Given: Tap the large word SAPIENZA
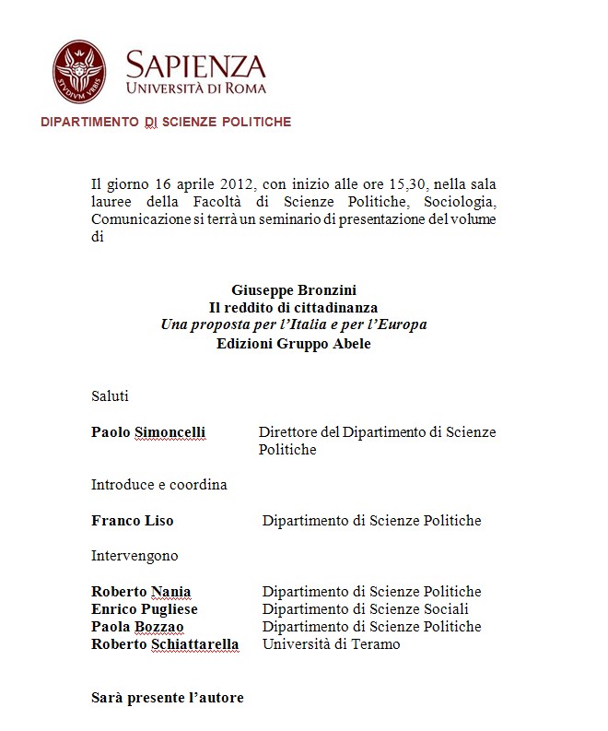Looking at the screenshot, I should [195, 65].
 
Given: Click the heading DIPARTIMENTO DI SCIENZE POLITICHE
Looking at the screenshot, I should [166, 122].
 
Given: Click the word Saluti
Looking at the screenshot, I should [110, 396].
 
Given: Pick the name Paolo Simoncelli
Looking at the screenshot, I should [148, 432].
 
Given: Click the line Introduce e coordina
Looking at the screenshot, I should [158, 484].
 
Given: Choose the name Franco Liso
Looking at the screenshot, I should [132, 521].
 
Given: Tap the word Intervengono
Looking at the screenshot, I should [134, 556].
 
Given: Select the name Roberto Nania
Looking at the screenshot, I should [141, 592].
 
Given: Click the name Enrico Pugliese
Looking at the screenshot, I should [144, 609].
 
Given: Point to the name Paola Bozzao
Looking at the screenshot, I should [137, 627].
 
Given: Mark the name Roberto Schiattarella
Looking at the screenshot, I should [165, 644].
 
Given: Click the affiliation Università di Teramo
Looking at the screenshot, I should [331, 644].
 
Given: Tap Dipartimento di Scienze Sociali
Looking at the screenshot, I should [366, 609].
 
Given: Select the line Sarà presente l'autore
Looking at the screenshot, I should [167, 698].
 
